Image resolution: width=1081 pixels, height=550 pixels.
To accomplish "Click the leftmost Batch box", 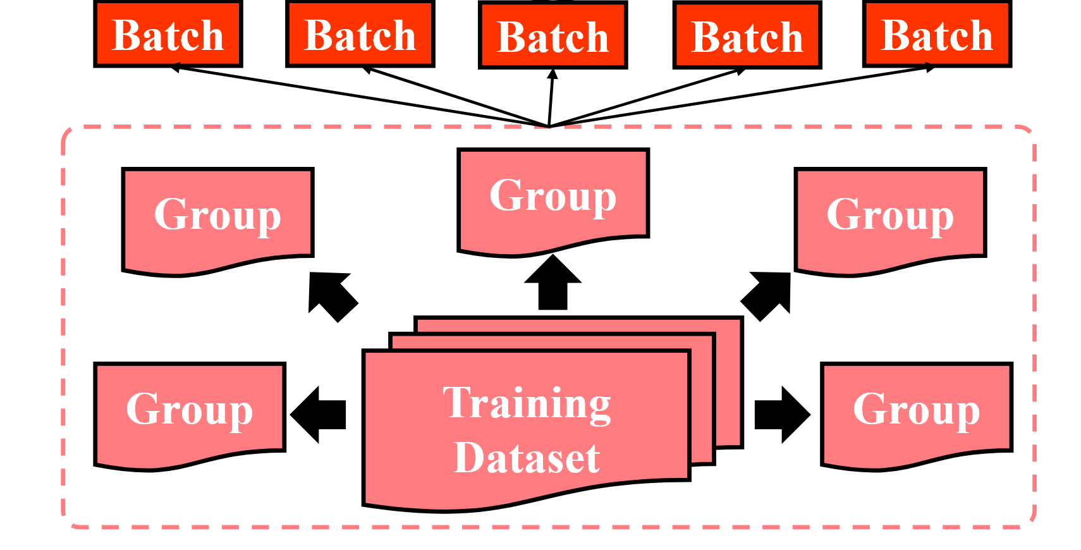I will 168,35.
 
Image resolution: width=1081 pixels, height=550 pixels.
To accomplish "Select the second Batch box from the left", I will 360,35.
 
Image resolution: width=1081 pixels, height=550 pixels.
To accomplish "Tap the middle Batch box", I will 553,36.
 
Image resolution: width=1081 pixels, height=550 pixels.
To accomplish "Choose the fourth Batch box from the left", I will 747,36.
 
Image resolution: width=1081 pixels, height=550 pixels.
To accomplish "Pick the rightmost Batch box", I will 937,35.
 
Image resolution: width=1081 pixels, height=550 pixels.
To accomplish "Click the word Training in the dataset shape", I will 527,403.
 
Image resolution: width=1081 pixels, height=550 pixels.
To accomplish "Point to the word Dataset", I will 527,458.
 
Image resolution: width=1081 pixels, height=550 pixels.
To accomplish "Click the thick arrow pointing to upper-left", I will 332,295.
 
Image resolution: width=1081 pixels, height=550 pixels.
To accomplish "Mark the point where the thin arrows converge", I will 549,126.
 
